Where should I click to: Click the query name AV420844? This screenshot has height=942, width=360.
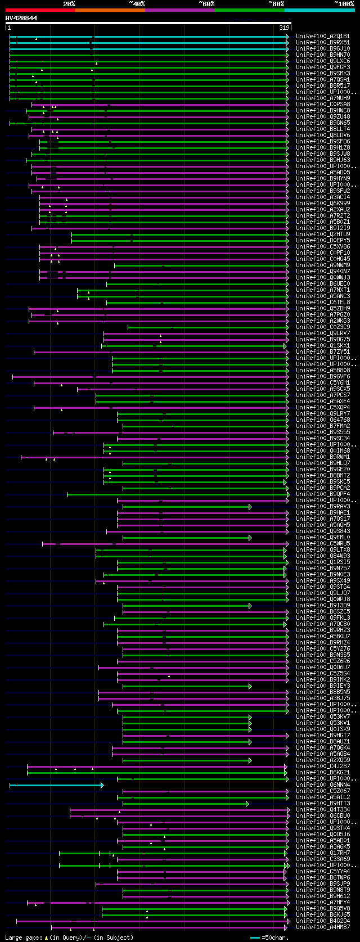[21, 18]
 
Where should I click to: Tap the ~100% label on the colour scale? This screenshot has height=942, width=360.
[344, 4]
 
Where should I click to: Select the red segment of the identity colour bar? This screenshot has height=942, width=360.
[40, 10]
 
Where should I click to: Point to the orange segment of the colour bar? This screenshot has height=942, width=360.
[110, 10]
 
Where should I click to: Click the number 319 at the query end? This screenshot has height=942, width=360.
[284, 28]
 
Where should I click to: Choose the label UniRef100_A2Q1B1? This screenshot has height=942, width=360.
[323, 37]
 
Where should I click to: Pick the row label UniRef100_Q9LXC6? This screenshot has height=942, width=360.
[323, 61]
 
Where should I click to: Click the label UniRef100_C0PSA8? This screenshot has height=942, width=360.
[323, 105]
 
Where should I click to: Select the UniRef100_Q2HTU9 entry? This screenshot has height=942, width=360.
[323, 235]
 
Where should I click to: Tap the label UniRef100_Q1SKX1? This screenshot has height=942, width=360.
[323, 346]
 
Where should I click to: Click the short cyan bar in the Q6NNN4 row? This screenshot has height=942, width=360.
[56, 785]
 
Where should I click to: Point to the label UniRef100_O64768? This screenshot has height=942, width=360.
[323, 420]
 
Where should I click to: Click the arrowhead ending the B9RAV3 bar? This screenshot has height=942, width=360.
[250, 507]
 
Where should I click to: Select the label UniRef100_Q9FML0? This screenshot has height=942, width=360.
[323, 538]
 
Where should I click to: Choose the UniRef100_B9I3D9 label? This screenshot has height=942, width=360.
[323, 606]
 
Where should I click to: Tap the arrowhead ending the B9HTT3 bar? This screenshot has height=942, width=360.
[247, 804]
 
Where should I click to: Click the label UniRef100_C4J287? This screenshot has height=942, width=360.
[323, 766]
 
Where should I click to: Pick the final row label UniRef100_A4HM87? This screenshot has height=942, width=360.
[323, 927]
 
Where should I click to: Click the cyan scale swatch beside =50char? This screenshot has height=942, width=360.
[255, 938]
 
